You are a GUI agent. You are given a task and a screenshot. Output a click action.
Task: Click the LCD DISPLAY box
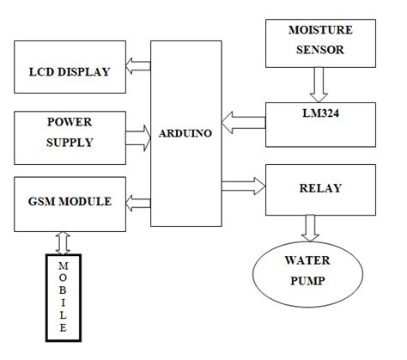[x=69, y=70]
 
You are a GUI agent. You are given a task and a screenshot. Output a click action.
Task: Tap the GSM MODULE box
[x=69, y=202]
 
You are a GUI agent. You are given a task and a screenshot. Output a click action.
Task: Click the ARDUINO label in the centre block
[x=185, y=133]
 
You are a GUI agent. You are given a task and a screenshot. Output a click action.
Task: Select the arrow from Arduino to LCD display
[x=137, y=64]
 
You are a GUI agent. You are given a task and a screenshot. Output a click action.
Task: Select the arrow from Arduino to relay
[x=243, y=181]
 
